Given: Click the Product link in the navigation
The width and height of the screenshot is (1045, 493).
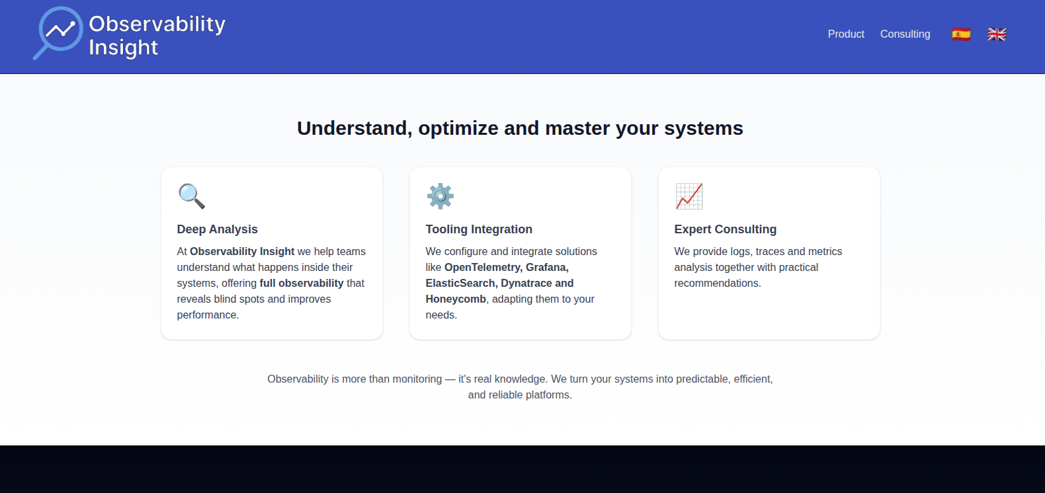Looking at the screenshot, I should click(x=845, y=34).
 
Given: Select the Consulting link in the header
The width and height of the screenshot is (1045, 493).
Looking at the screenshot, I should click(x=905, y=34).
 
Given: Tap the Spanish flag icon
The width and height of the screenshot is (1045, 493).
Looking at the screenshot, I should click(x=961, y=34).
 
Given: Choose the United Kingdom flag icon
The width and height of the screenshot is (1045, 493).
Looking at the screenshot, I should click(x=997, y=34).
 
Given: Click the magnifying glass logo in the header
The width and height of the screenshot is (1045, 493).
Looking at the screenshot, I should click(x=58, y=32).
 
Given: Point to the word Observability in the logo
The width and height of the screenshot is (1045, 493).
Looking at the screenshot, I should click(x=157, y=24).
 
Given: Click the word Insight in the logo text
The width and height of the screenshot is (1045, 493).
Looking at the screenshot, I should click(x=124, y=48).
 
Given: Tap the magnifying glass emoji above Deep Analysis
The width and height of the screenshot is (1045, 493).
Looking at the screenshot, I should click(x=191, y=196).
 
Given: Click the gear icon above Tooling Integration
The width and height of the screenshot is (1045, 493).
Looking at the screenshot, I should click(x=440, y=196).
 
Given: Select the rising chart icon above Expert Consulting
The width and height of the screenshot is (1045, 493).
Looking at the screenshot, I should click(x=689, y=196).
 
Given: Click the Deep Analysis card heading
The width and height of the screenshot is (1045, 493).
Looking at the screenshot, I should click(x=217, y=229).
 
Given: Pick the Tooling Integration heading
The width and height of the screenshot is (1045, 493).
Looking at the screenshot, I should click(x=479, y=229).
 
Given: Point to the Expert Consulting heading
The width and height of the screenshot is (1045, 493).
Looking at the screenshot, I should click(x=725, y=229).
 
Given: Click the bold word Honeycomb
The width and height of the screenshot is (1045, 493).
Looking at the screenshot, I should click(x=456, y=299).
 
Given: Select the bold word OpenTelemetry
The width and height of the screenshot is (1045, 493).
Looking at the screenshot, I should click(x=482, y=268).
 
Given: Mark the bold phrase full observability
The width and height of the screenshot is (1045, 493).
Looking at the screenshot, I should click(x=302, y=284).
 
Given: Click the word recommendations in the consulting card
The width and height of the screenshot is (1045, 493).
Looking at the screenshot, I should click(x=717, y=284).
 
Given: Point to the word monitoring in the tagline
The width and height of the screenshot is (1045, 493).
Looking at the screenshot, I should click(x=417, y=379).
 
